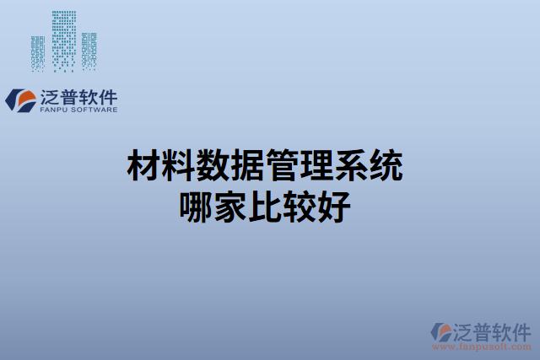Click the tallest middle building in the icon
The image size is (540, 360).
pyautogui.click(x=63, y=38)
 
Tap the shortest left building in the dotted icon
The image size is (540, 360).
pyautogui.click(x=38, y=51)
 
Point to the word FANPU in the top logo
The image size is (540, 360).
pyautogui.click(x=55, y=110)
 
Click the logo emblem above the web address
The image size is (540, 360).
pyautogui.click(x=441, y=330)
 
